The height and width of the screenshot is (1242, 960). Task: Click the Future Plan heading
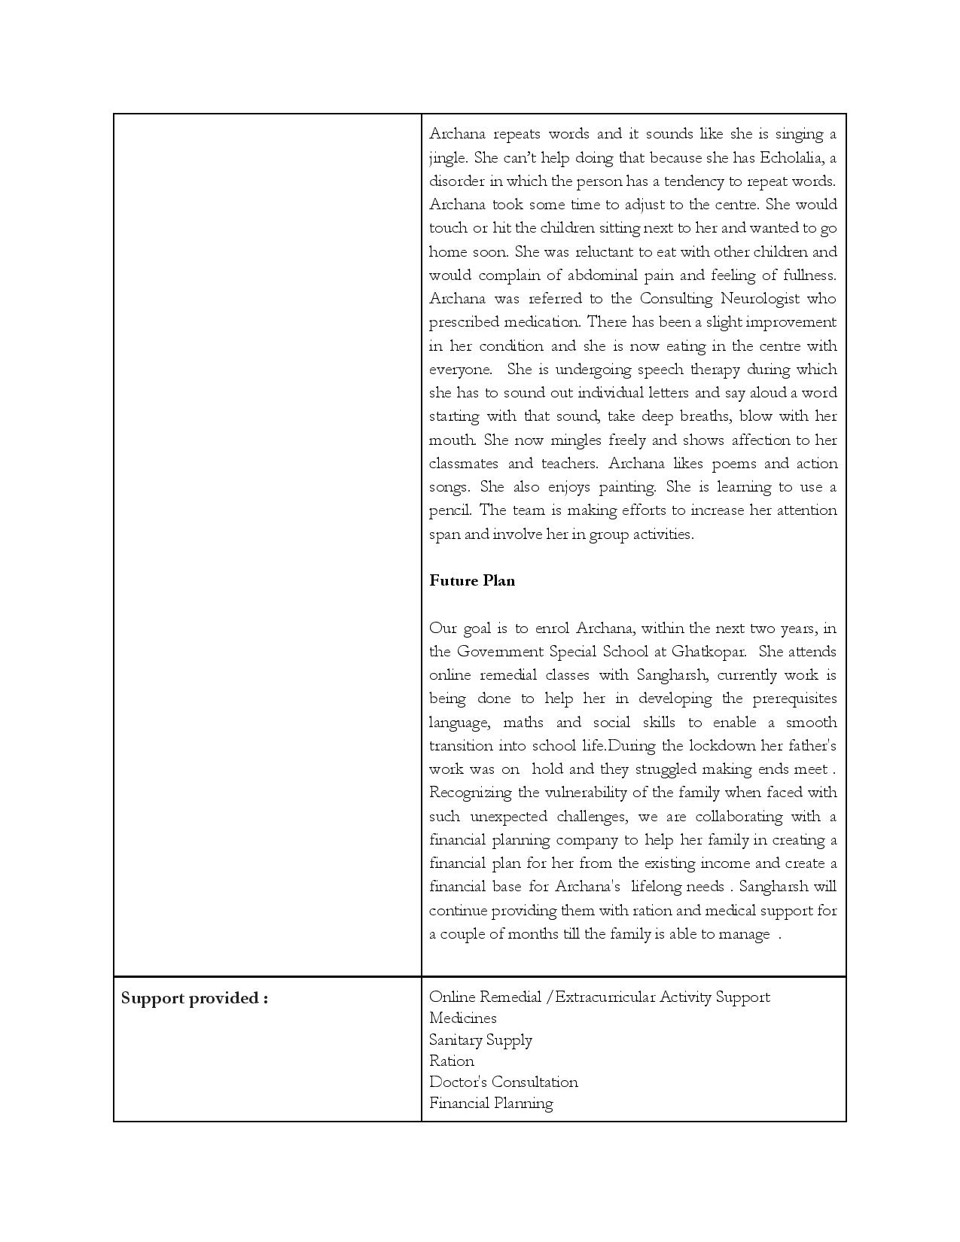(472, 580)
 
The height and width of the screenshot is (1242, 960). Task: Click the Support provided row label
(194, 998)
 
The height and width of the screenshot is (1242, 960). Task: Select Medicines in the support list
(462, 1018)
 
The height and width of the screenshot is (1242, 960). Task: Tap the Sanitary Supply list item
(480, 1040)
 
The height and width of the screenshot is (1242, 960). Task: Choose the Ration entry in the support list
(452, 1061)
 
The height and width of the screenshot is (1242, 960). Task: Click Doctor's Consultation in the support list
(503, 1082)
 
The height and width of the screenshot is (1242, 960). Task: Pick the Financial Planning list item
(491, 1103)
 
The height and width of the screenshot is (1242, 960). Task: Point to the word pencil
(449, 510)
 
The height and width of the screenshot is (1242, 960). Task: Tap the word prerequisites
(786, 698)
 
